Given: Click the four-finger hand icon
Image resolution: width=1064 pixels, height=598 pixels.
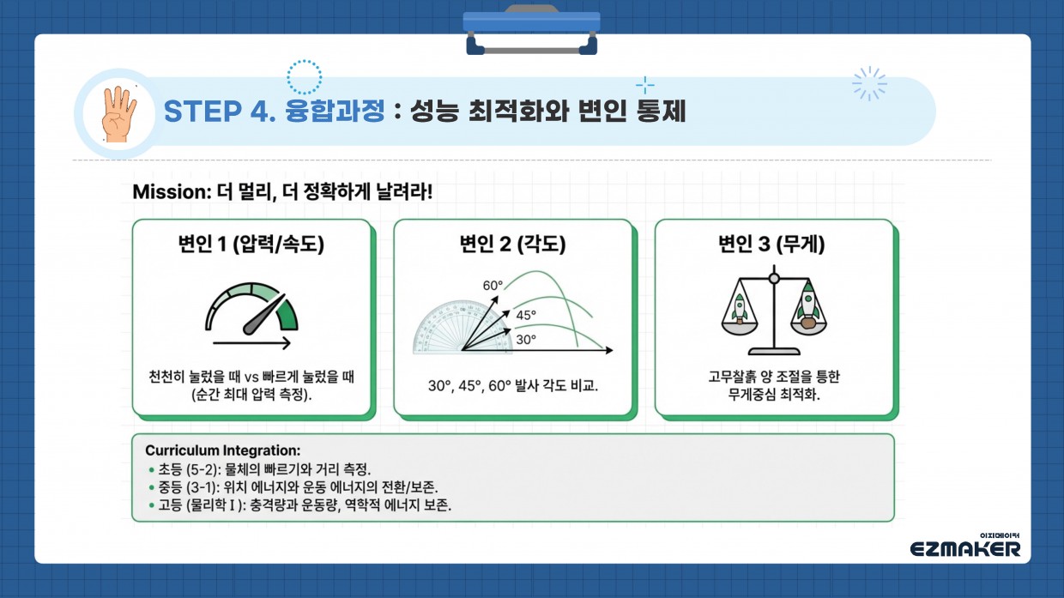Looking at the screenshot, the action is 118,114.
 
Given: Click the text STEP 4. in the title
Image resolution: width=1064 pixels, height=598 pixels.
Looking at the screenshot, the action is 220,112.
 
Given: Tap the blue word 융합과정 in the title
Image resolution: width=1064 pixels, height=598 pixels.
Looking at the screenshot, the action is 335,111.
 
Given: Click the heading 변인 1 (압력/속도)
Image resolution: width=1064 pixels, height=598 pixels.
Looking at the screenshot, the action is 251,245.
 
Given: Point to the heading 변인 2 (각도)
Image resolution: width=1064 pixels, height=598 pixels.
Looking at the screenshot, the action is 512,245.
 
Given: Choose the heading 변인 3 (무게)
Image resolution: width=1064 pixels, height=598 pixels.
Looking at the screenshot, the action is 771,245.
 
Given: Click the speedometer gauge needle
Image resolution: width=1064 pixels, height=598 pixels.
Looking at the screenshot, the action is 264,314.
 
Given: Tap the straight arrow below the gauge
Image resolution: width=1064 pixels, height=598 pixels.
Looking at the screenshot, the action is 251,342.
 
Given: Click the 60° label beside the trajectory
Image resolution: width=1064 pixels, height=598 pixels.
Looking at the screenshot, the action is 493,286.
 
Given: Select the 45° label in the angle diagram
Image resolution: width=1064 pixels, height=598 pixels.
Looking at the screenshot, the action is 526,315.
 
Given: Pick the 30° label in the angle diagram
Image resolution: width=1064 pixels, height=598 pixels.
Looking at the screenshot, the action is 526,340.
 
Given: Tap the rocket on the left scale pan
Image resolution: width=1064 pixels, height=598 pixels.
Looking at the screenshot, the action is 740,308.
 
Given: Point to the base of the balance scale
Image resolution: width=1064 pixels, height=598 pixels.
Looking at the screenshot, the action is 774,351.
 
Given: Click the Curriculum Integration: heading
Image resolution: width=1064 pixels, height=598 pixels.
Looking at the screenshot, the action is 223,450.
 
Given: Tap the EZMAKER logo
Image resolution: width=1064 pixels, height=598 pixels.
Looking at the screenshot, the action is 965,547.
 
